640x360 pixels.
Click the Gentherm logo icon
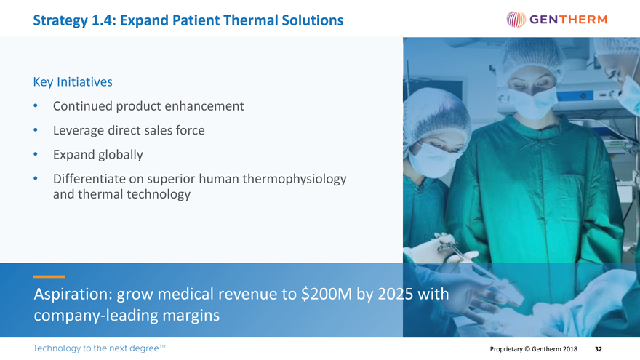coord(516,19)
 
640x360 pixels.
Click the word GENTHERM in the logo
coord(568,20)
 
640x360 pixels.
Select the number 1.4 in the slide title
coord(102,20)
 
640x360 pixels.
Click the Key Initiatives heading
coord(73,82)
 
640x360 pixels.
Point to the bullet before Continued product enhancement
coord(36,106)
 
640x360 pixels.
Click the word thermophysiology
coord(295,179)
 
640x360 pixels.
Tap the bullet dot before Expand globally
coord(36,155)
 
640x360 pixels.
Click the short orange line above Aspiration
coord(49,277)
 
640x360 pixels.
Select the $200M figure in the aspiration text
coord(327,294)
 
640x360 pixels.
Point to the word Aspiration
coord(73,295)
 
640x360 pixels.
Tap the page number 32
coord(599,349)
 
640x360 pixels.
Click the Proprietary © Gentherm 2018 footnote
coord(534,349)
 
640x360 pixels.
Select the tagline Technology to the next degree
coord(99,348)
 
